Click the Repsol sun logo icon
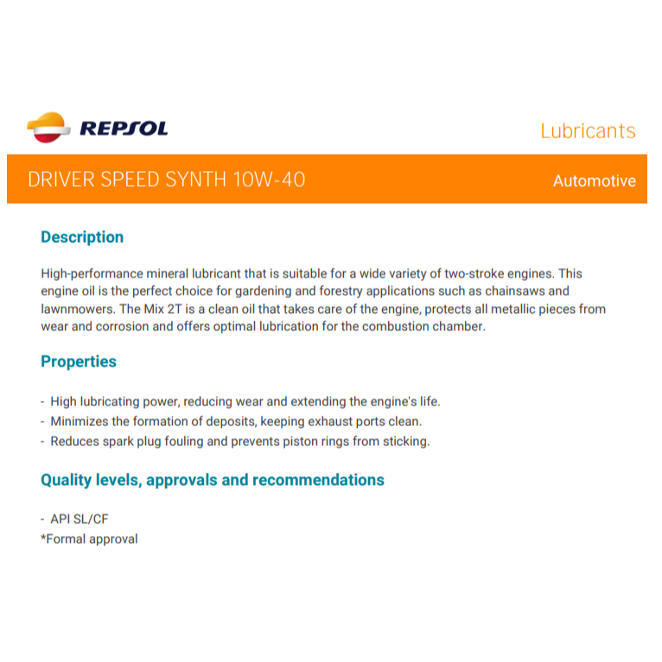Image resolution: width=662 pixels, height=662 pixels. [x=48, y=128]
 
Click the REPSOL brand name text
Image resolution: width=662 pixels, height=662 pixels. [x=124, y=130]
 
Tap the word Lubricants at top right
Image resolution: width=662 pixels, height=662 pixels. [x=588, y=131]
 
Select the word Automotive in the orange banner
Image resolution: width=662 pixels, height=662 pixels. [x=594, y=181]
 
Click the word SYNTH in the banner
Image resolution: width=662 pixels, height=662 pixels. [x=196, y=180]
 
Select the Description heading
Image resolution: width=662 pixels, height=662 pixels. [x=82, y=237]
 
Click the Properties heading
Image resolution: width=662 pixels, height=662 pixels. [x=79, y=361]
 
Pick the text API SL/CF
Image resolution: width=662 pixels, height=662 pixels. [x=80, y=519]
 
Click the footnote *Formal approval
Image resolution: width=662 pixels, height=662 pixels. [x=89, y=539]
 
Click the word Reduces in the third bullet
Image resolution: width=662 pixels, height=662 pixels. [x=74, y=441]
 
